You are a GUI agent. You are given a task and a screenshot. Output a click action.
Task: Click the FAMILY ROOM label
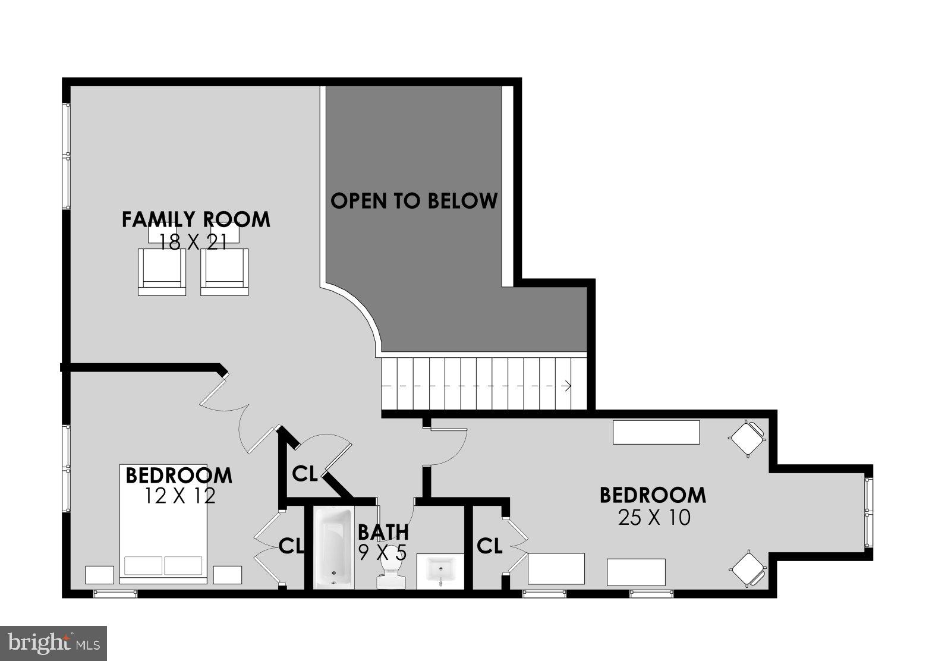click(196, 219)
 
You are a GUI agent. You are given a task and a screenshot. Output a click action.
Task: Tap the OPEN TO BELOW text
click(414, 201)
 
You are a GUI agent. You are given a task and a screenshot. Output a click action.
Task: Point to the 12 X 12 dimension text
click(179, 495)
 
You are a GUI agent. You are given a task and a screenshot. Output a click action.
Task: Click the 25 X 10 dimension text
click(654, 518)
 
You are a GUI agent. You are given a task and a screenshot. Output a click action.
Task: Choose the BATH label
click(383, 531)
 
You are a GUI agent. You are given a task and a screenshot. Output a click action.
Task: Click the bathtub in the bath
click(333, 547)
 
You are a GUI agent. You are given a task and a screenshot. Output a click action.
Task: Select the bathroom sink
click(440, 571)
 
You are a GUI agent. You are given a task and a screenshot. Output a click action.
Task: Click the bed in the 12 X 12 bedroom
click(163, 523)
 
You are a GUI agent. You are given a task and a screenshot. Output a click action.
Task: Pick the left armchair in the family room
click(162, 272)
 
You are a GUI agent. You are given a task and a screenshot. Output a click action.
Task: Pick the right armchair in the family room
click(224, 272)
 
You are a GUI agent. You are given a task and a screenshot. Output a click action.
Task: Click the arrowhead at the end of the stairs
click(568, 386)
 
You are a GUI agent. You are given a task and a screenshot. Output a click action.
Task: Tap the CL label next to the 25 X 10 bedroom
click(489, 546)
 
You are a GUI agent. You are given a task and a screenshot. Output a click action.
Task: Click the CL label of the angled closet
click(304, 474)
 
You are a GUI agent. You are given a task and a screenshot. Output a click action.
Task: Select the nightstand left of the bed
click(99, 575)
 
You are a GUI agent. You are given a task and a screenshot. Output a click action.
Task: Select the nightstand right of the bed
click(228, 575)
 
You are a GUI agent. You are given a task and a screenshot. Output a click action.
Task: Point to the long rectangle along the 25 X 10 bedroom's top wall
click(656, 432)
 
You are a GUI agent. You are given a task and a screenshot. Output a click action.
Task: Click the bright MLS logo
click(53, 643)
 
